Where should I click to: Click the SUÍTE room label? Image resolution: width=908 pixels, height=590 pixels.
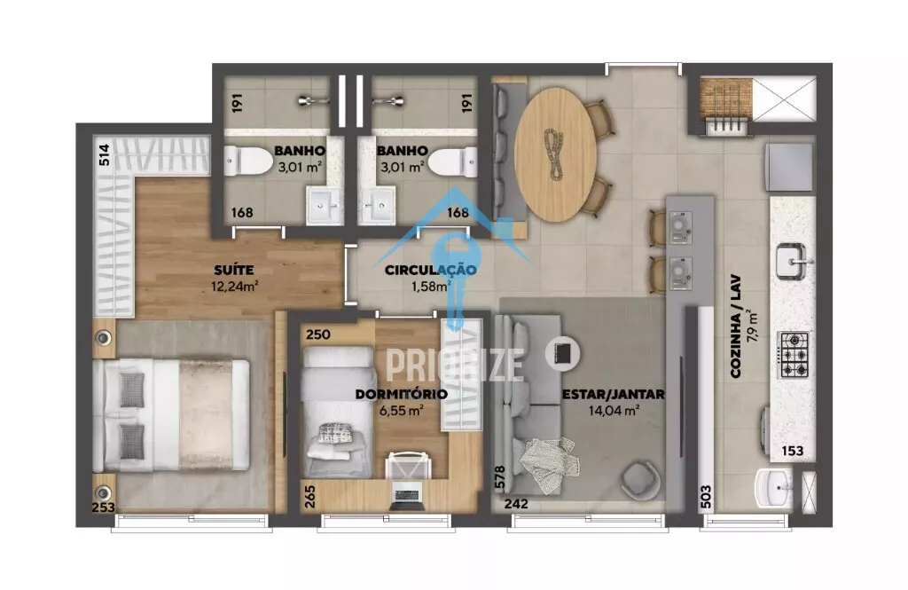(233, 270)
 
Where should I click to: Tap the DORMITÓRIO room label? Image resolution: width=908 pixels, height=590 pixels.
(401, 394)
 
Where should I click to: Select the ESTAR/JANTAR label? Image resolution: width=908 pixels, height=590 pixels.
(614, 394)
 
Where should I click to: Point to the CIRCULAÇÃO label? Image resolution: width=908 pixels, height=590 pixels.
(430, 270)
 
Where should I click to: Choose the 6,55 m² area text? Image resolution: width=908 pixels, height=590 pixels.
(402, 410)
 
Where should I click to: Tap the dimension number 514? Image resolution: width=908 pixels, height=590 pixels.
(104, 155)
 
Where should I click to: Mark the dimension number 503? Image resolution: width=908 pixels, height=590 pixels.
(705, 497)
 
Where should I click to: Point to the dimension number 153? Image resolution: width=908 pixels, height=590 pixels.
(792, 451)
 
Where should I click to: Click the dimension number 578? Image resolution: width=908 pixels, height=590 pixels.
(500, 477)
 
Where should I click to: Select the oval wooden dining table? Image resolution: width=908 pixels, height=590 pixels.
(555, 154)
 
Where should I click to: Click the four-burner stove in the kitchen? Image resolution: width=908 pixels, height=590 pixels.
(794, 355)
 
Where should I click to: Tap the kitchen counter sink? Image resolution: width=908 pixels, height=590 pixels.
(791, 262)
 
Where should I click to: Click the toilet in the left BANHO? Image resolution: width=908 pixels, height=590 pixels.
(249, 161)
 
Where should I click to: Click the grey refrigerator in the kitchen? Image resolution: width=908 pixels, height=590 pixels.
(789, 168)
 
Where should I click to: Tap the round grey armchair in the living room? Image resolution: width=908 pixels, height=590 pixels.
(640, 479)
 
